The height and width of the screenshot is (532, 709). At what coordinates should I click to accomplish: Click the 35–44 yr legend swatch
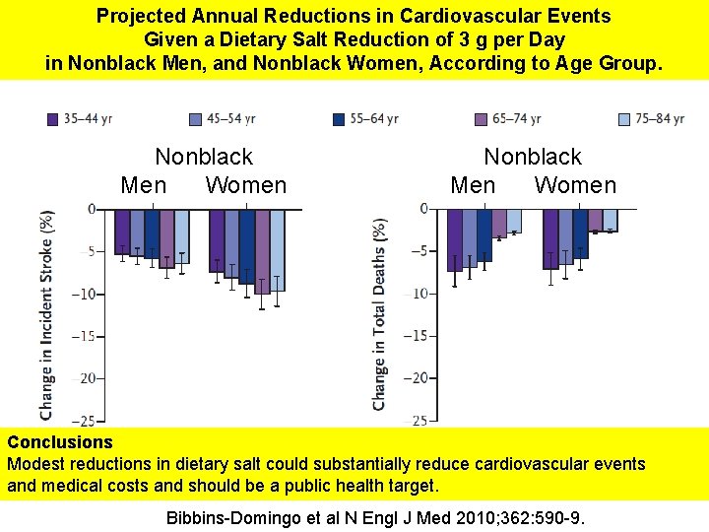53,119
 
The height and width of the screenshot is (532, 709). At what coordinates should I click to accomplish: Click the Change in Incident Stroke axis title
46,313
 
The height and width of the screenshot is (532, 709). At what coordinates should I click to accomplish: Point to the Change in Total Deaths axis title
379,313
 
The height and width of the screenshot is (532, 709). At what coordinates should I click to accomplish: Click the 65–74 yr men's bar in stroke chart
166,237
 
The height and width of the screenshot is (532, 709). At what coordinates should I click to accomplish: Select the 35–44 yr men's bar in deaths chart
454,239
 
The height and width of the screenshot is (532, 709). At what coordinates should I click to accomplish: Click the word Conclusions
60,442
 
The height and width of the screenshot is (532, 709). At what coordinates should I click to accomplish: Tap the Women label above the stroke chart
245,185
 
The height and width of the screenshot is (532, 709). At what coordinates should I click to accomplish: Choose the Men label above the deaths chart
473,185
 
